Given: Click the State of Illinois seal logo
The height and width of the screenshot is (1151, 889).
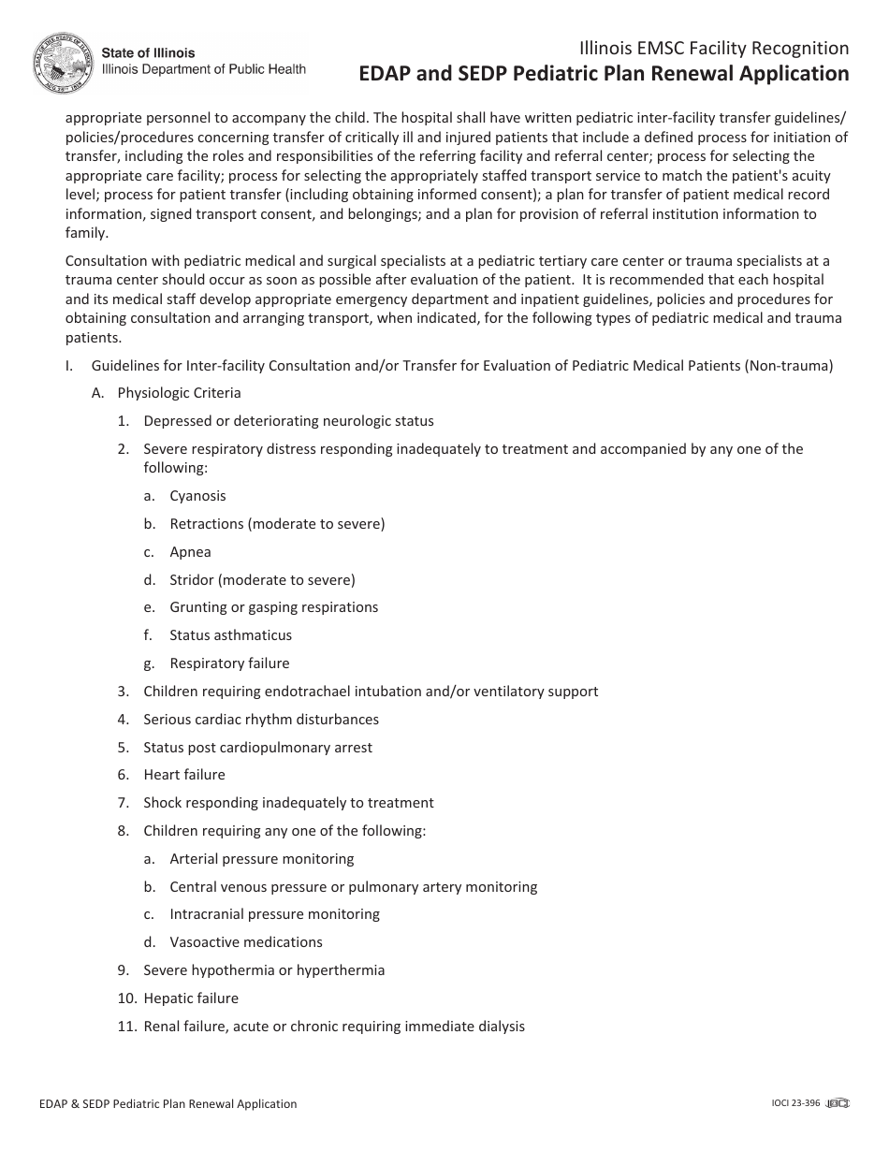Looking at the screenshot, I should [x=64, y=63].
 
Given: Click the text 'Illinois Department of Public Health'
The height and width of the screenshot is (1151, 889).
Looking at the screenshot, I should [x=203, y=69].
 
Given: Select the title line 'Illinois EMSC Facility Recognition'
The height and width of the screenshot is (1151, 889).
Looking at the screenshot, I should [x=714, y=49].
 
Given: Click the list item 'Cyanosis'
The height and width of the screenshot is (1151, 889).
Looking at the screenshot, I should [x=197, y=496].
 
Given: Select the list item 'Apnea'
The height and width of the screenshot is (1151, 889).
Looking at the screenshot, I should [x=190, y=552].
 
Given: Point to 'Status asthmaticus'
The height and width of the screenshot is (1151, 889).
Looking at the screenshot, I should [x=230, y=635].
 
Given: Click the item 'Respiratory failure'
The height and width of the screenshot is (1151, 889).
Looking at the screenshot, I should [x=229, y=663].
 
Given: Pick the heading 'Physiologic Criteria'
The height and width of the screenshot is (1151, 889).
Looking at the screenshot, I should [x=179, y=393].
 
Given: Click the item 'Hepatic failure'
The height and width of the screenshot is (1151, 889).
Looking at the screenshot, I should [x=191, y=998].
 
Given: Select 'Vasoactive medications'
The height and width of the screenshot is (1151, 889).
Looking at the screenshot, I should [x=245, y=942].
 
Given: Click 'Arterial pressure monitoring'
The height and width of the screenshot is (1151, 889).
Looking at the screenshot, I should [x=261, y=859].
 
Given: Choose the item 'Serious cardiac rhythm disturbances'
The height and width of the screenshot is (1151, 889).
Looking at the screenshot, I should [x=261, y=720].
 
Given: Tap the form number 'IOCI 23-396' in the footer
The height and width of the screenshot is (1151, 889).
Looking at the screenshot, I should [x=789, y=1103].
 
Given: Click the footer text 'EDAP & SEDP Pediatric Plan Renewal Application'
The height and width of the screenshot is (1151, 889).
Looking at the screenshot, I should [x=163, y=1104].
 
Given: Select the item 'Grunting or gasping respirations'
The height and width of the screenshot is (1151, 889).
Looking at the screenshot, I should [x=273, y=607].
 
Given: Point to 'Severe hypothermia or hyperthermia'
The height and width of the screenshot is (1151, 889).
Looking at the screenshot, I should [x=264, y=970].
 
